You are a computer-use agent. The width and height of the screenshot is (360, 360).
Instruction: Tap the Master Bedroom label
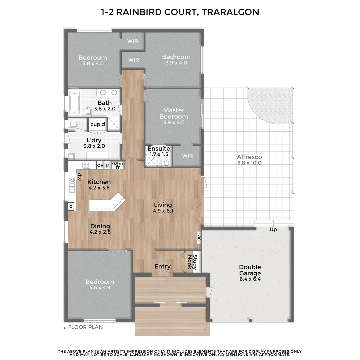point(173,113)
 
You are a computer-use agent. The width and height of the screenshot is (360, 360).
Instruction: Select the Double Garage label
point(250,270)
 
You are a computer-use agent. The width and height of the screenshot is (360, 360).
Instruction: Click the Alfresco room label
point(249,157)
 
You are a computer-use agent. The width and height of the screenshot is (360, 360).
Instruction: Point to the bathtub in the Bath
point(74,103)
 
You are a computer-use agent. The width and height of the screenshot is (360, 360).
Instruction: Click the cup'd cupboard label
point(98,124)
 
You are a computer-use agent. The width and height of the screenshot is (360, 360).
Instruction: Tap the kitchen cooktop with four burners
point(87,165)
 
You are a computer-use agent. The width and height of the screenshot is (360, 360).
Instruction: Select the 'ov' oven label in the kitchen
point(100,165)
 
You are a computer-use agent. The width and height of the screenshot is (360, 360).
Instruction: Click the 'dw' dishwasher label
point(79,177)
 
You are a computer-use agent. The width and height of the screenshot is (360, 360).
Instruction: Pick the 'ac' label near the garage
point(198,238)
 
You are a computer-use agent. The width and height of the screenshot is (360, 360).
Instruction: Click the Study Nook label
point(193,262)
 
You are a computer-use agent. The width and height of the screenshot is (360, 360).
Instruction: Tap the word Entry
point(163,266)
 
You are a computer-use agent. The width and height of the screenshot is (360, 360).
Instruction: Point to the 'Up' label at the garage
point(273,229)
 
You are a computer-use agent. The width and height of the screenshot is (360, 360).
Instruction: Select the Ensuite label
point(159,149)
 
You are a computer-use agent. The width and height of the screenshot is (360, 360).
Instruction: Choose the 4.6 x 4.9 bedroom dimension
point(99,288)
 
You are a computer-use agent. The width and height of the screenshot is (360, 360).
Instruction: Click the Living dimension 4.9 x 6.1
point(163,211)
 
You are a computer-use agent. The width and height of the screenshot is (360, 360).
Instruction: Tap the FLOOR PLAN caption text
point(85,327)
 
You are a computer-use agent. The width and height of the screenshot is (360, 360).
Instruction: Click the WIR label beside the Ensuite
point(187,156)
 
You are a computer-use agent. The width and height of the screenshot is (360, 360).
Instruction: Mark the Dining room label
point(100,226)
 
